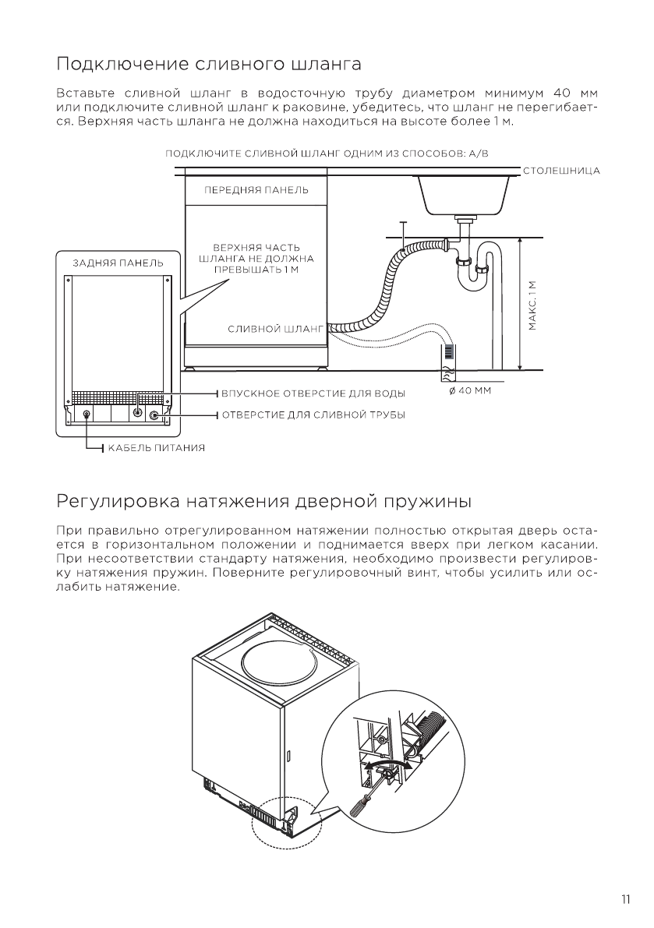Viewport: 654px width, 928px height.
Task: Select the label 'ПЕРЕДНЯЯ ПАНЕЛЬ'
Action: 256,189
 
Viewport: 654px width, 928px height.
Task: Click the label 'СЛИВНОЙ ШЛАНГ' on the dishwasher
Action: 274,330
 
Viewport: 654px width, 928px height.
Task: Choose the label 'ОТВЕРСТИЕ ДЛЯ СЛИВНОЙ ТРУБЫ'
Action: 313,415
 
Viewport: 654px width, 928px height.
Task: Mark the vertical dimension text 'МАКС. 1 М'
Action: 532,305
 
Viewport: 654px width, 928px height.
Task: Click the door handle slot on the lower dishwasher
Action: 288,755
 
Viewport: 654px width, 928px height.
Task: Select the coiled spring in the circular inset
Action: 430,729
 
